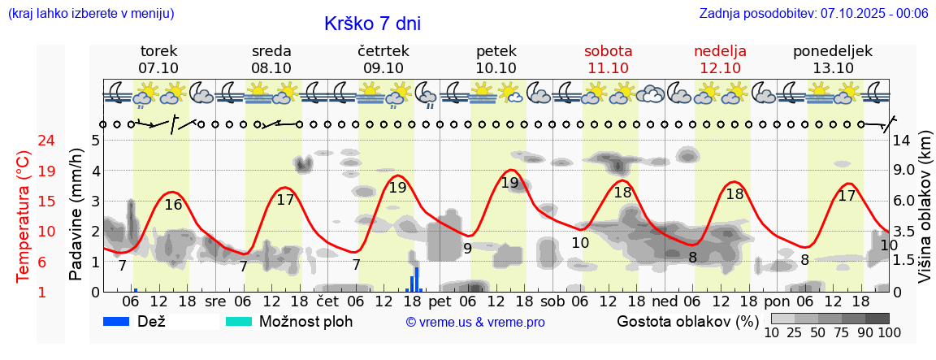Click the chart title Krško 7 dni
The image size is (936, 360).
pyautogui.click(x=372, y=24)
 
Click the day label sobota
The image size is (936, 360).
pyautogui.click(x=608, y=51)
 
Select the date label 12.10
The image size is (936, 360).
pyautogui.click(x=720, y=68)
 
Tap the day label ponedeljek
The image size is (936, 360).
pyautogui.click(x=832, y=51)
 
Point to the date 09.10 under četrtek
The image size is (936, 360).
pyautogui.click(x=383, y=68)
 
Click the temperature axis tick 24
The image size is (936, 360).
pyautogui.click(x=24, y=141)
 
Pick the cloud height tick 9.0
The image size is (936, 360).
pyautogui.click(x=905, y=171)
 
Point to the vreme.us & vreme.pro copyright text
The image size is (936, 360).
pyautogui.click(x=475, y=322)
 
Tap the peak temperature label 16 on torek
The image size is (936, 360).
pyautogui.click(x=173, y=205)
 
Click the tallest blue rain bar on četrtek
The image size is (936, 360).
pyautogui.click(x=417, y=279)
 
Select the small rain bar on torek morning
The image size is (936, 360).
pyautogui.click(x=136, y=289)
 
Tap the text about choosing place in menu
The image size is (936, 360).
pyautogui.click(x=90, y=13)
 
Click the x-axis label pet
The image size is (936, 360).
pyautogui.click(x=440, y=301)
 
